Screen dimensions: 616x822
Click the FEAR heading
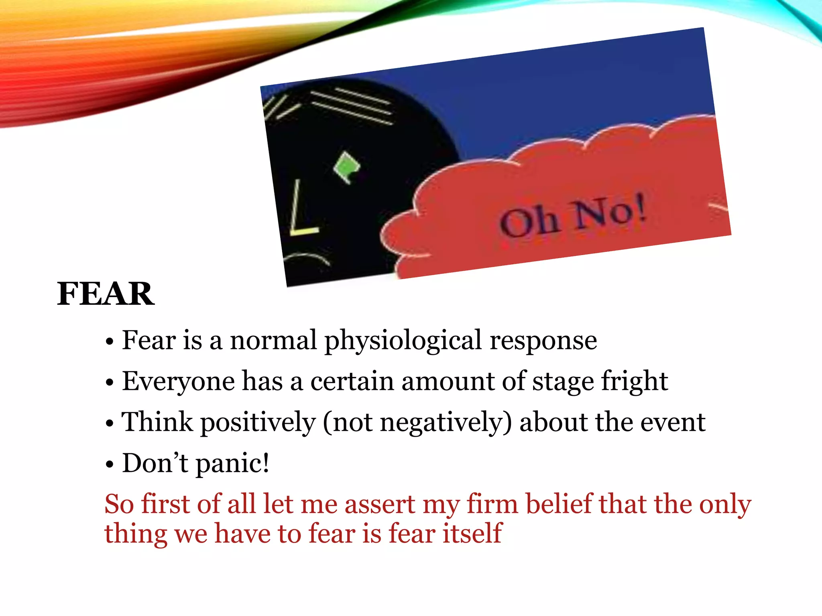106,294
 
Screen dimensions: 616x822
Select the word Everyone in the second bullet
178,381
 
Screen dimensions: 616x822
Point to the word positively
258,423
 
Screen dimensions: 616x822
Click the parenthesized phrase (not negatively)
417,423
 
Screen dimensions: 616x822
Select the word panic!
232,464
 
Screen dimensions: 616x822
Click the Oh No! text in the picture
573,218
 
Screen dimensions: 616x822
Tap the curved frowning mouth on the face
307,259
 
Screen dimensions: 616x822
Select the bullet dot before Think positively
110,424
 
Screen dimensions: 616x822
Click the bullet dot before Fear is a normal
110,342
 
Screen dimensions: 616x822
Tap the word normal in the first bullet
273,340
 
